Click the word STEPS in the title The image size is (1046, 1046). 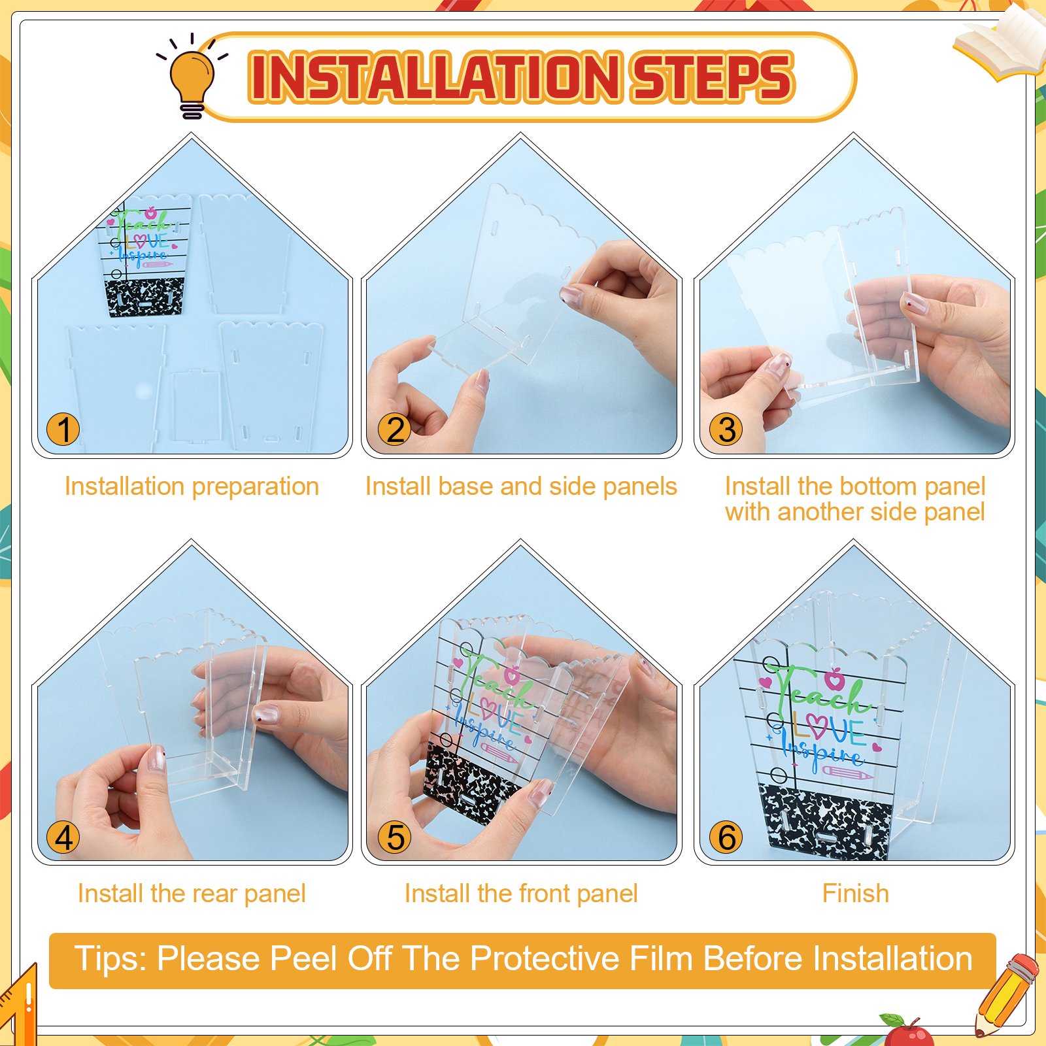pyautogui.click(x=712, y=77)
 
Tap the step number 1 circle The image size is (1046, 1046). pyautogui.click(x=63, y=430)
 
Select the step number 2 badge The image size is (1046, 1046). pyautogui.click(x=395, y=430)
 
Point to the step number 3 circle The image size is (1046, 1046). pyautogui.click(x=726, y=430)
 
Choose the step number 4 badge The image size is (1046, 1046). pyautogui.click(x=63, y=837)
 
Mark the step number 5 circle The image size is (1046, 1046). pyautogui.click(x=395, y=837)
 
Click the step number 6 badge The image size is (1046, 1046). pyautogui.click(x=726, y=837)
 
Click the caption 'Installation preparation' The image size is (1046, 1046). pyautogui.click(x=192, y=487)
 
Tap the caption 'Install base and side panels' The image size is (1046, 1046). pyautogui.click(x=521, y=487)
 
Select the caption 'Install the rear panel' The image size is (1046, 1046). pyautogui.click(x=192, y=894)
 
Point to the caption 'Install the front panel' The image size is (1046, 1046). pyautogui.click(x=521, y=894)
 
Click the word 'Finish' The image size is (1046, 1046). pyautogui.click(x=856, y=894)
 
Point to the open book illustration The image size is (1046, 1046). pyautogui.click(x=1000, y=42)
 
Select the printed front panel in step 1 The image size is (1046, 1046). pyautogui.click(x=146, y=255)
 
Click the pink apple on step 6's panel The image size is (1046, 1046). pyautogui.click(x=835, y=679)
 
